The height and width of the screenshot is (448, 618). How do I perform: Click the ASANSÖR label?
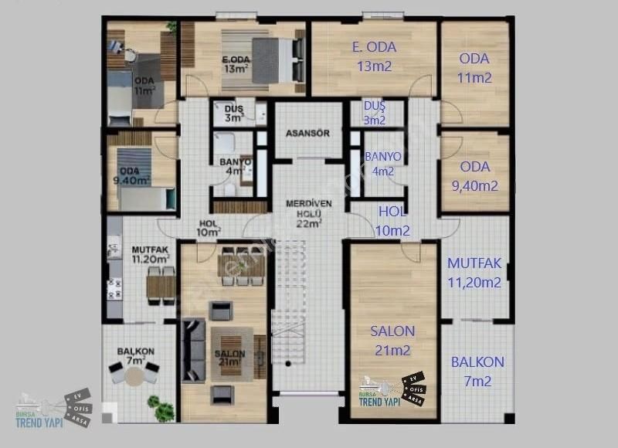(x=307, y=133)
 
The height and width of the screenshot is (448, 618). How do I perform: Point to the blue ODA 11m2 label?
(x=474, y=68)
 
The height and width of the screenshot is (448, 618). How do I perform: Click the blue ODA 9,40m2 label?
(x=474, y=176)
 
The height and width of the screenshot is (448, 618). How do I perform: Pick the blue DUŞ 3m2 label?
(x=374, y=113)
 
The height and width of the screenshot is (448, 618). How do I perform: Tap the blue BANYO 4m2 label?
(x=382, y=164)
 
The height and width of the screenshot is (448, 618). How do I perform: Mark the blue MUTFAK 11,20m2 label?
(x=474, y=273)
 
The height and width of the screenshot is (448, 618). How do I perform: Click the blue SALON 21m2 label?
(x=392, y=341)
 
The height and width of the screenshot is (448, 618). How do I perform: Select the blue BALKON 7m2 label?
(x=477, y=371)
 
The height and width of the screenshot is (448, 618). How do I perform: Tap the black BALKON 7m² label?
(x=136, y=356)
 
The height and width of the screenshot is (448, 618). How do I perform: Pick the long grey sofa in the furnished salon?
(x=190, y=351)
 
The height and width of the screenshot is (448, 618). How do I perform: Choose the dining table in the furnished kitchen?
(x=161, y=286)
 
